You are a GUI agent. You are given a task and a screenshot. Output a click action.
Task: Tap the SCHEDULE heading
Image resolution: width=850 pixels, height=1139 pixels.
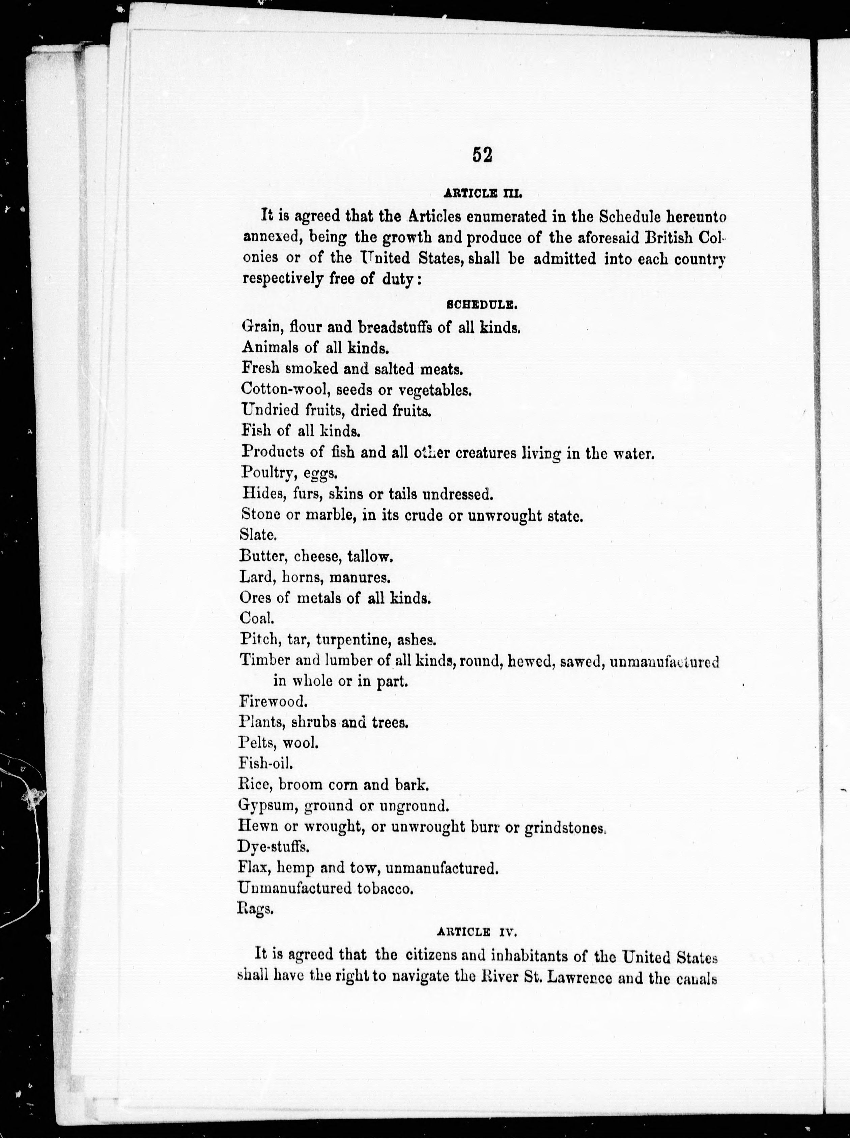(482, 305)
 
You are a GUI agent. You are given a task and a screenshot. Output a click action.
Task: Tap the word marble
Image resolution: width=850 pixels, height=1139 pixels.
(328, 515)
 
